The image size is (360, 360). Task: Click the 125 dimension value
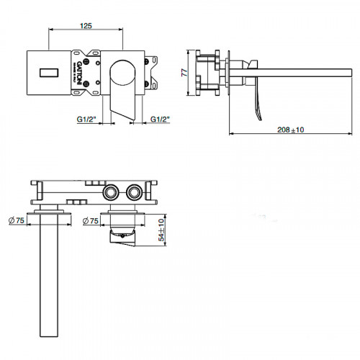point(86,26)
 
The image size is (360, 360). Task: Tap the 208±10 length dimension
point(290,130)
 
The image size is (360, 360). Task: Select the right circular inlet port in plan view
point(133,193)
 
